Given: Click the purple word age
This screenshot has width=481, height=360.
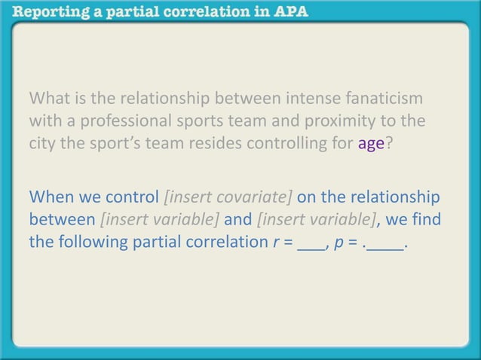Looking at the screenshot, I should [371, 143].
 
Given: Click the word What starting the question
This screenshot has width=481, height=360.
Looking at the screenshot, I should [49, 99].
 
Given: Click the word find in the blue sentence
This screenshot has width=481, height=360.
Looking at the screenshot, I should [425, 221].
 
